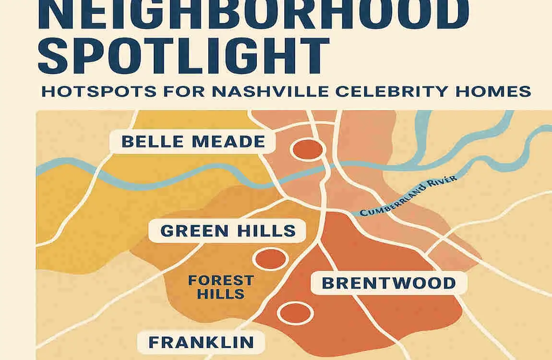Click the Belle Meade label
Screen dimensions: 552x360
point(193,142)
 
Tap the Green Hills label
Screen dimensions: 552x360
point(228,231)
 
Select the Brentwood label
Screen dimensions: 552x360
point(388,283)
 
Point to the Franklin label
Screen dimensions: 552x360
point(201,342)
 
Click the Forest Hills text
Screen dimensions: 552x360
point(221,287)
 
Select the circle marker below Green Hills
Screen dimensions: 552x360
point(270,259)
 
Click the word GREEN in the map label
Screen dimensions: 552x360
point(188,231)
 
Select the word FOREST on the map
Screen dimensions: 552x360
point(221,280)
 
